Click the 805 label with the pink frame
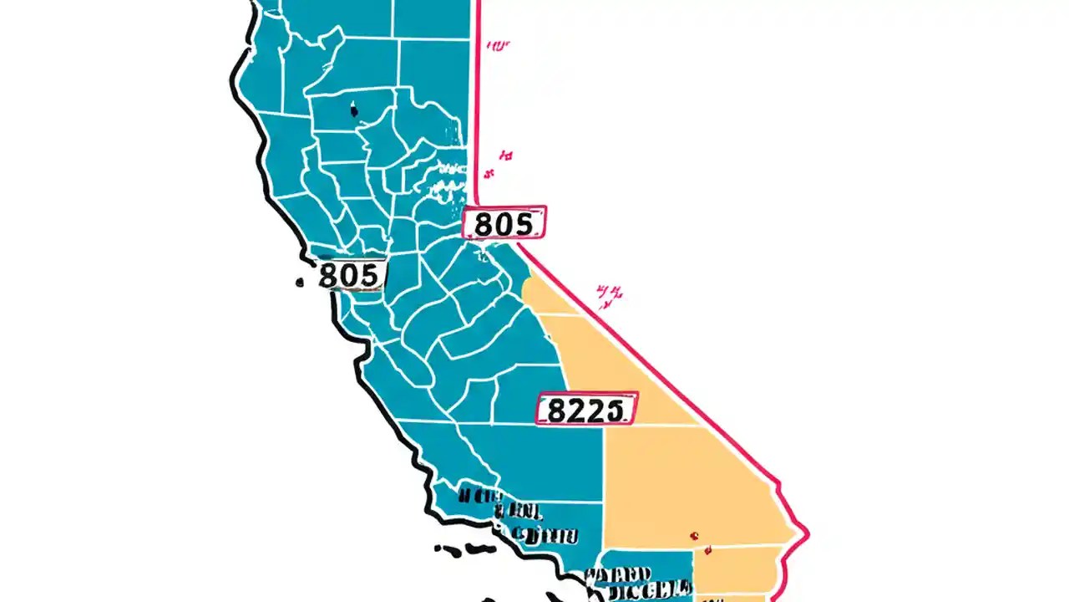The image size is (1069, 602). (x=504, y=223)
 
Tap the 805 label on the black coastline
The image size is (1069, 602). (x=351, y=275)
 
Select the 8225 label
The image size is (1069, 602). (x=585, y=409)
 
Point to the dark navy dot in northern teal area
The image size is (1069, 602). (x=353, y=109)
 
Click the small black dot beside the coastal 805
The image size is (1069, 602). (x=300, y=283)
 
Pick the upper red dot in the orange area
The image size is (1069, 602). (x=693, y=535)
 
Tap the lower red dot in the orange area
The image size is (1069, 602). (x=708, y=550)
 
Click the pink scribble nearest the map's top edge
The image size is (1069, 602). (x=497, y=46)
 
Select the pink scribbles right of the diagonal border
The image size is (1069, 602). (x=610, y=293)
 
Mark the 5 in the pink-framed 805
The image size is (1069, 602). (x=523, y=224)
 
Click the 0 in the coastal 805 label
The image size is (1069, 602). (x=351, y=275)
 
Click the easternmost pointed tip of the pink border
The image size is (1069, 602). (x=808, y=532)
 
